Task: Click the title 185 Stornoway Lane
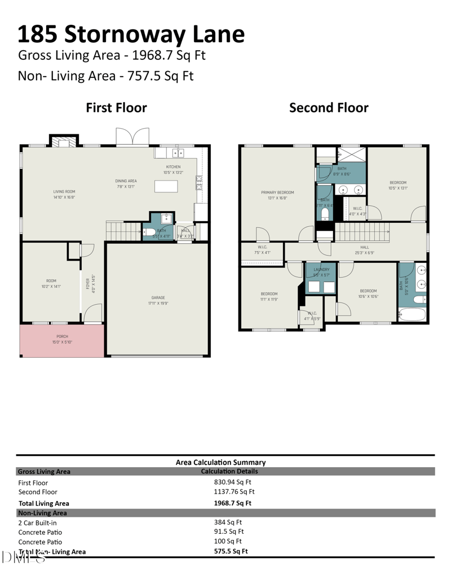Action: click(x=131, y=34)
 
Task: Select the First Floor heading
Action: click(x=116, y=107)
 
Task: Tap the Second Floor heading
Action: click(x=329, y=107)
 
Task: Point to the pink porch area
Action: click(x=62, y=341)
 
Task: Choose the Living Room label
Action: click(x=64, y=195)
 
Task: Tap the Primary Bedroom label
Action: click(x=277, y=195)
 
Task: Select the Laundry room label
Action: click(x=321, y=271)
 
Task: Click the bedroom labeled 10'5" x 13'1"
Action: click(x=397, y=185)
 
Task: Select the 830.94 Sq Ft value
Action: click(x=232, y=482)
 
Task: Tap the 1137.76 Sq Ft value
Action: click(x=234, y=492)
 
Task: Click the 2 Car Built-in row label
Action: click(x=37, y=522)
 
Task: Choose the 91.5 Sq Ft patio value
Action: click(x=229, y=532)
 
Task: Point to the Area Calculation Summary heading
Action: click(x=220, y=462)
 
